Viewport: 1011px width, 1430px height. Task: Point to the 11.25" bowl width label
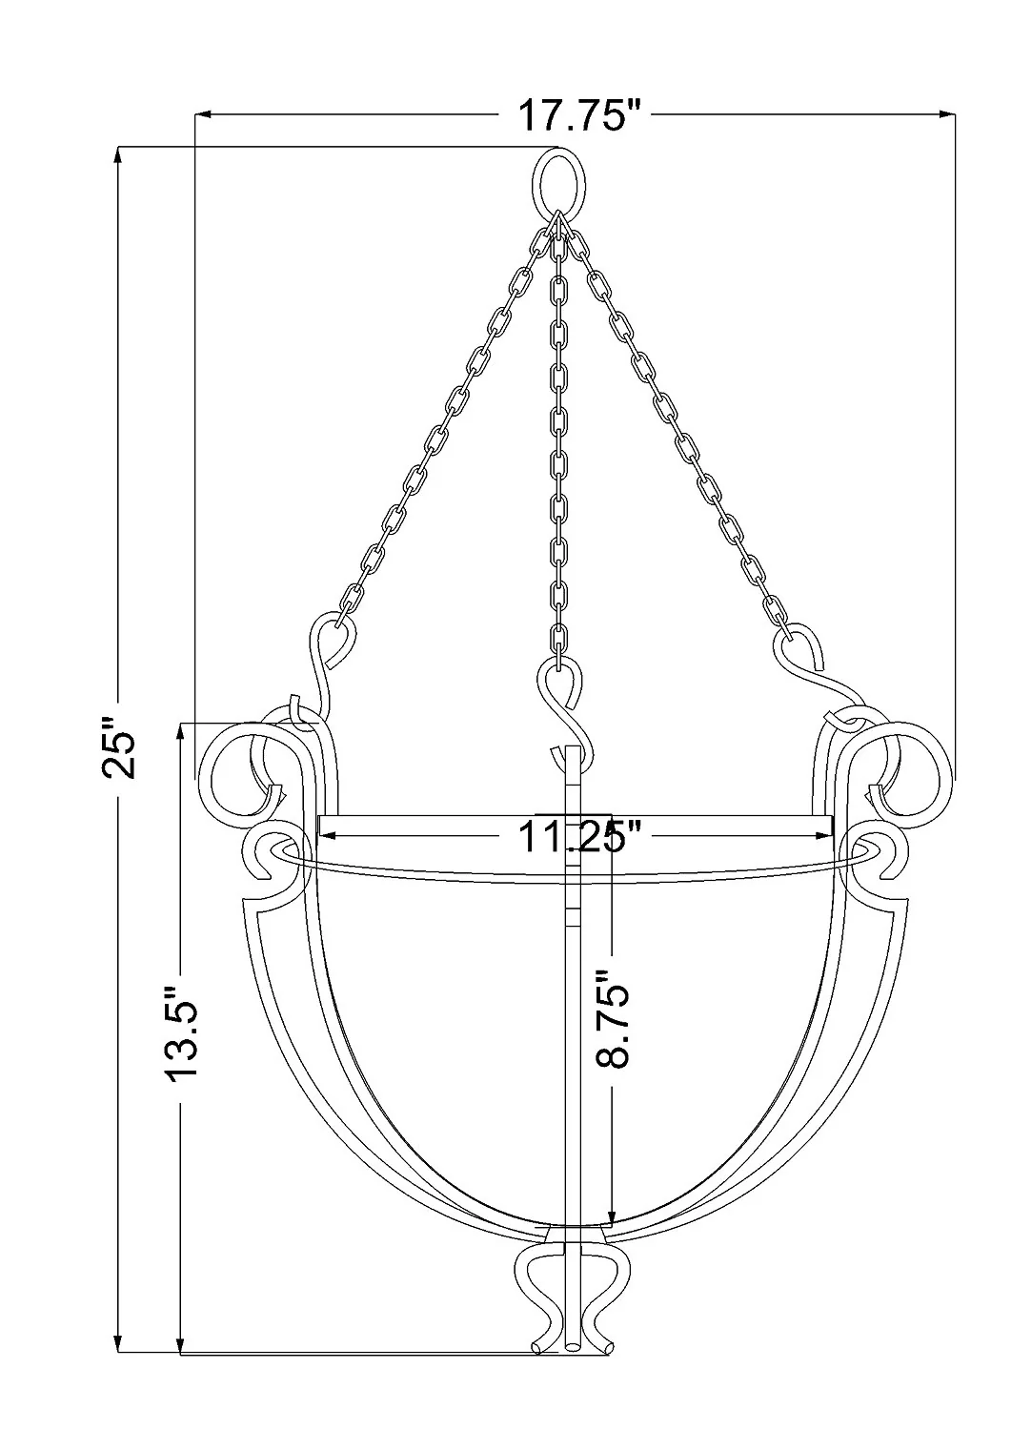pos(576,837)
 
